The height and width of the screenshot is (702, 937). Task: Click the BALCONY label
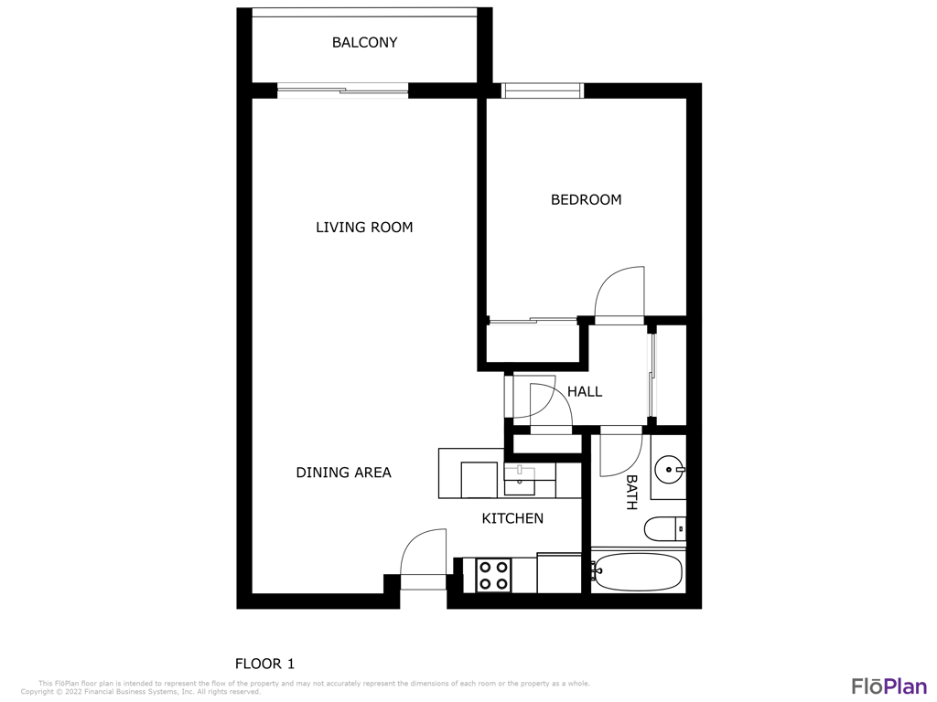364,42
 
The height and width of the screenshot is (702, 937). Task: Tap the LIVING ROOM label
364,227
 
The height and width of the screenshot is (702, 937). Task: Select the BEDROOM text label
586,199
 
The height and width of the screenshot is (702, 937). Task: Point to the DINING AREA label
344,473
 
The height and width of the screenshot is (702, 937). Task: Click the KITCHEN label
512,518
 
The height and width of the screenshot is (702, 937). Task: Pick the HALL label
585,391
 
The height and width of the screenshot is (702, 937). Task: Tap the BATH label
631,493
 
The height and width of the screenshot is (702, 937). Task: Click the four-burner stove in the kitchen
494,576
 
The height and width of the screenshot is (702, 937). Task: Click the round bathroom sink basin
669,469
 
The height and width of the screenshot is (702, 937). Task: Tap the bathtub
637,572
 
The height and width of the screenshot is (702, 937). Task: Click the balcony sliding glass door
343,90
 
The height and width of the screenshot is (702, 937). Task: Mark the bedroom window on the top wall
542,90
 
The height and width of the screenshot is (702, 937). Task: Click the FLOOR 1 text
264,664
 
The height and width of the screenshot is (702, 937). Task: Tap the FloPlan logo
889,686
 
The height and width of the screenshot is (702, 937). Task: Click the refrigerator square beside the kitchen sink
479,480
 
